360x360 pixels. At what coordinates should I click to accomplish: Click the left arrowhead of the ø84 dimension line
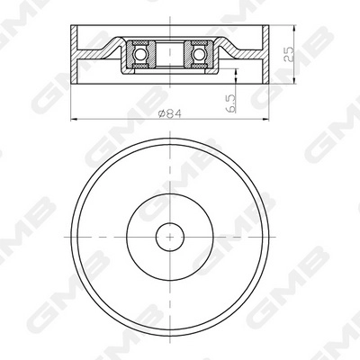click(x=71, y=119)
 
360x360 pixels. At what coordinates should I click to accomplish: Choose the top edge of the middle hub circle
click(x=167, y=195)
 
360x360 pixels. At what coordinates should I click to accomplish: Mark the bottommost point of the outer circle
click(x=167, y=331)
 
